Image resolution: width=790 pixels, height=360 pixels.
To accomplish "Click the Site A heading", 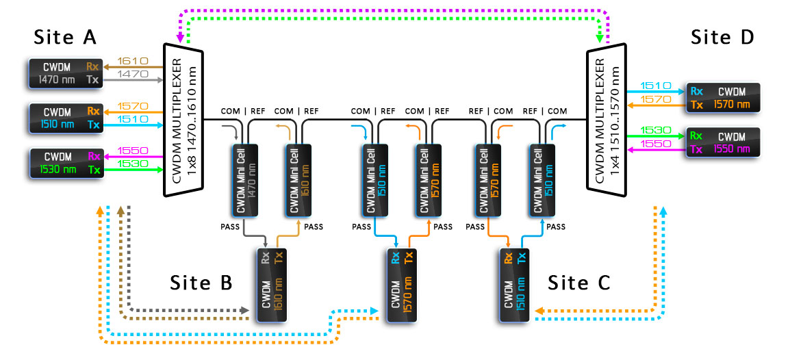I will (x=66, y=37).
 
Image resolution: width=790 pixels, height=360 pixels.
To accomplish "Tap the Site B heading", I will (x=201, y=282).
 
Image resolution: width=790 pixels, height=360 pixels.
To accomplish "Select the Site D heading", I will (x=722, y=37).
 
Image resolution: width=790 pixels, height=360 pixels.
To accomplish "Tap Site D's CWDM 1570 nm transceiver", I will (x=723, y=97).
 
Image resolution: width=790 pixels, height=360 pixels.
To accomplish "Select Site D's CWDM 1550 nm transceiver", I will (x=723, y=141).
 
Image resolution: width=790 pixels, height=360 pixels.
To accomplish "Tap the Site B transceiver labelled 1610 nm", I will (x=272, y=285).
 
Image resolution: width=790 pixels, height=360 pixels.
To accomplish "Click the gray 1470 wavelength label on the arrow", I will (x=132, y=73).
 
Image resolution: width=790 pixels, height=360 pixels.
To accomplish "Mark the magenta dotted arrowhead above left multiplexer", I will (x=180, y=39).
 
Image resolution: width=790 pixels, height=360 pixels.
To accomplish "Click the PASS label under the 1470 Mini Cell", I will (x=229, y=227).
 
